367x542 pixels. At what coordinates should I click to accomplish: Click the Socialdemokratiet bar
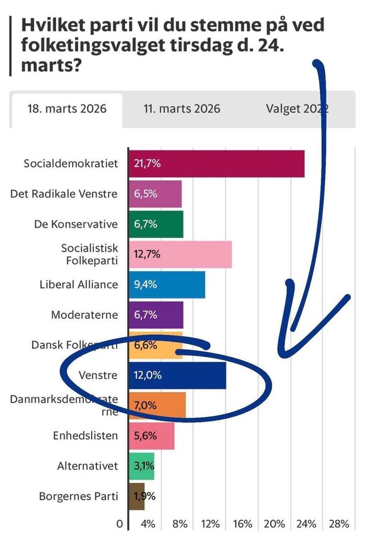[x=216, y=164]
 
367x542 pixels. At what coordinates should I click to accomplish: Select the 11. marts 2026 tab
[x=182, y=109]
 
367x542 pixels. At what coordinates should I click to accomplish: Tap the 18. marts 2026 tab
[x=67, y=109]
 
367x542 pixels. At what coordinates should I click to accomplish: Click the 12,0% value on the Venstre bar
[x=147, y=375]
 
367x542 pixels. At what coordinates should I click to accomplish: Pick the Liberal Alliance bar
[x=167, y=285]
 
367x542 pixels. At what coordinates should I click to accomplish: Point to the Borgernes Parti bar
[x=136, y=496]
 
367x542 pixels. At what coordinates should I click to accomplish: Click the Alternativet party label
[x=88, y=466]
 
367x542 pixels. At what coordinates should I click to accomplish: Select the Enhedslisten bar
[x=152, y=436]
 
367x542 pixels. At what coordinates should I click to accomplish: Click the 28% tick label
[x=339, y=524]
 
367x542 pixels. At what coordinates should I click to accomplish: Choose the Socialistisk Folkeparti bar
[x=180, y=254]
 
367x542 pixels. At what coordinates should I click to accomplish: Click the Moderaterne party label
[x=84, y=315]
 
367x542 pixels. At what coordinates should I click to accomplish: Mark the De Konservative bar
[x=156, y=224]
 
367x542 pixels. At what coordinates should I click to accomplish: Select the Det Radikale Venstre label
[x=64, y=194]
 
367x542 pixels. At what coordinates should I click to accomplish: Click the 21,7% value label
[x=147, y=164]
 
